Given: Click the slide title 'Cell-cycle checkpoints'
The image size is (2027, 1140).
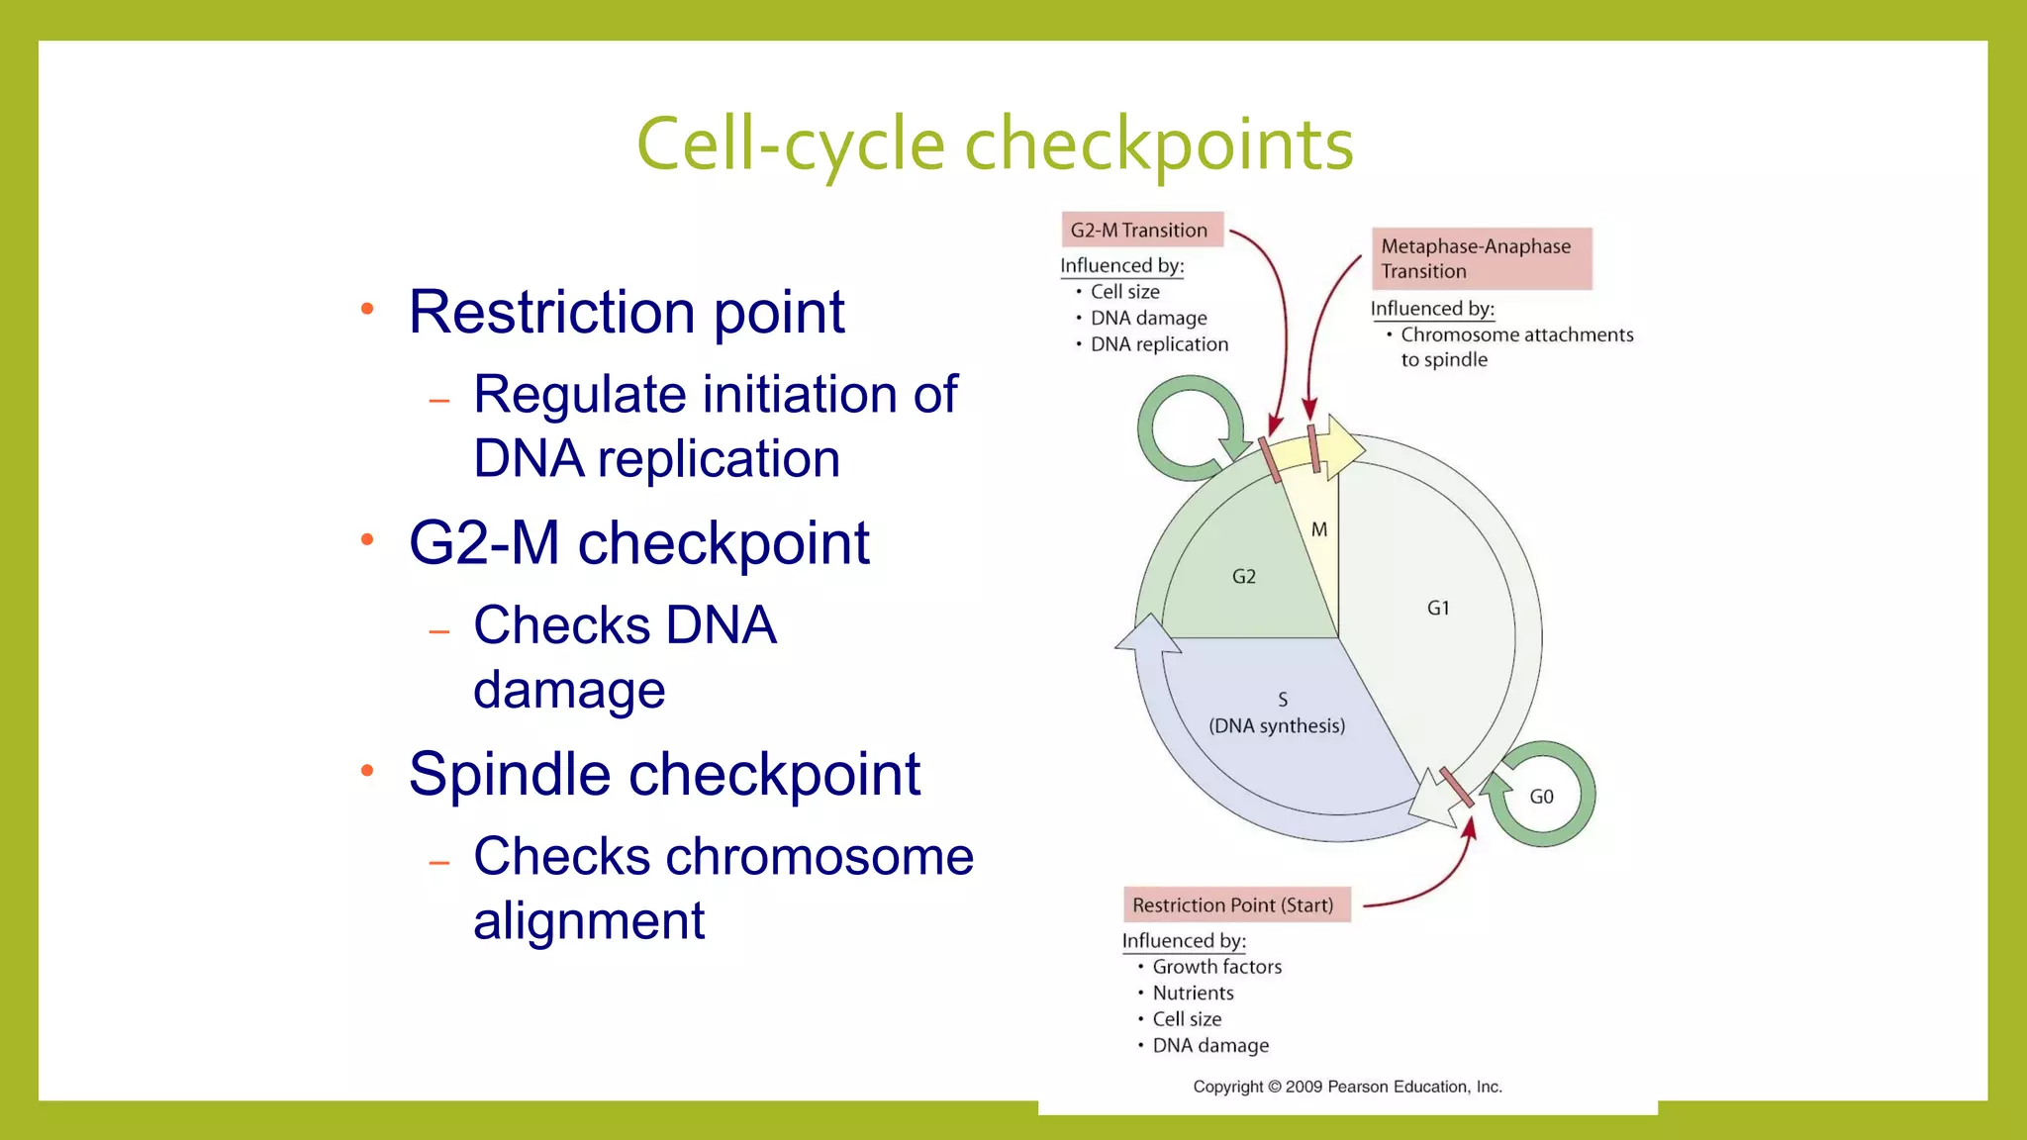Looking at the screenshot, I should pyautogui.click(x=994, y=144).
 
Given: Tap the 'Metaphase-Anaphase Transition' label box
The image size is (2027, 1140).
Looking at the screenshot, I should pyautogui.click(x=1481, y=258).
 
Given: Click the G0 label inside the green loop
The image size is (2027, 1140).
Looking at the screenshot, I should pyautogui.click(x=1541, y=797).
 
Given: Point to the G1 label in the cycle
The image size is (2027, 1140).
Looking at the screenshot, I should pyautogui.click(x=1438, y=608).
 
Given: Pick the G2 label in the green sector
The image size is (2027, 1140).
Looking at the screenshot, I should pyautogui.click(x=1244, y=576).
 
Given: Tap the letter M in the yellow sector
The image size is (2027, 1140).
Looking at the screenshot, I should pyautogui.click(x=1319, y=529).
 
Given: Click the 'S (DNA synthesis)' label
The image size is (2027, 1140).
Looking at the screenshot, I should pyautogui.click(x=1278, y=713).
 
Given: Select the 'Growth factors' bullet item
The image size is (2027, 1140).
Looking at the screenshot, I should pyautogui.click(x=1216, y=967).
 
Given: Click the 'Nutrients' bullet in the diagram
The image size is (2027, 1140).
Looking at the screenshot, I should pyautogui.click(x=1193, y=993).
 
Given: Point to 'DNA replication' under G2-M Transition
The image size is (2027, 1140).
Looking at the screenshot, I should pyautogui.click(x=1159, y=344).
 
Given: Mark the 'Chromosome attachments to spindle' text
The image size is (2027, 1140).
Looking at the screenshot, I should pyautogui.click(x=1516, y=346).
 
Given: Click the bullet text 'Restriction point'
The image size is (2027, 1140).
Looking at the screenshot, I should pyautogui.click(x=627, y=312).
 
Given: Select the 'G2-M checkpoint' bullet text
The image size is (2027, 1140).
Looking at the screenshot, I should pyautogui.click(x=639, y=542).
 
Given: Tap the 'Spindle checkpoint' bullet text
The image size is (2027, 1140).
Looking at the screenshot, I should pyautogui.click(x=664, y=773).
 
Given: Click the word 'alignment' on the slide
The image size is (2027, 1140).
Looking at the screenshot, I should pyautogui.click(x=589, y=920).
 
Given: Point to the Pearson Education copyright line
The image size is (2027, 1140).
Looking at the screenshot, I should pyautogui.click(x=1347, y=1087).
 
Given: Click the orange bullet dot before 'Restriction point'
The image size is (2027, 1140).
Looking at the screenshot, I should pyautogui.click(x=367, y=309).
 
